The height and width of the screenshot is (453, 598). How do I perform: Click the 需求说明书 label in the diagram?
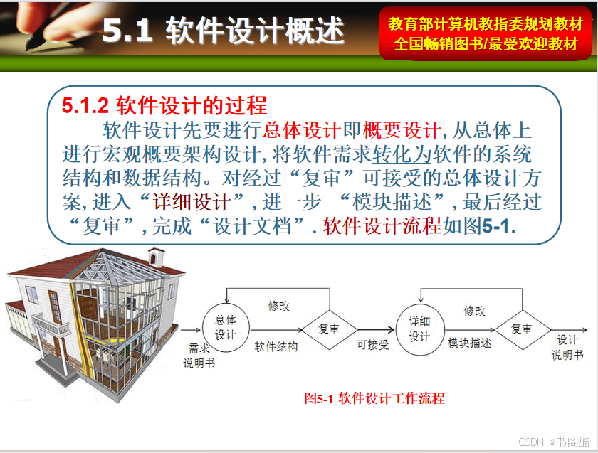point(199,356)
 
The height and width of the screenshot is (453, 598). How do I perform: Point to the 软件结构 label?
point(276,347)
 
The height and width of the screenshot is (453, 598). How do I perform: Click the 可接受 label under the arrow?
point(372,345)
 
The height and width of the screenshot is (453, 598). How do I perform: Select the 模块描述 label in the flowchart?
point(469,343)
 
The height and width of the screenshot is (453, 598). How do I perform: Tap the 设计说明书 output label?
point(567,348)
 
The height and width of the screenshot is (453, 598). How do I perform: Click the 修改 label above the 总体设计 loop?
point(279,306)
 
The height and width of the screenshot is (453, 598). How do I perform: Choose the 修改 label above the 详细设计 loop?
point(474,311)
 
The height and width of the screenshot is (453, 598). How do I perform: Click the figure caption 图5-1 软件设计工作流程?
point(374,398)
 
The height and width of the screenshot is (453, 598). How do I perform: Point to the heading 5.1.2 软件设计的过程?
point(164,105)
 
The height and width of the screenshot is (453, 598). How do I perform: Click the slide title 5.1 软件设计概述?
point(224,30)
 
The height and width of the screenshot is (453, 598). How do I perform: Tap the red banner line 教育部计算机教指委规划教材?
point(486,24)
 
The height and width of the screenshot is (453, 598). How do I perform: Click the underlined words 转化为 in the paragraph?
point(402,154)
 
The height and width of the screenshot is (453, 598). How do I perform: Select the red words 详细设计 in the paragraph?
point(192,202)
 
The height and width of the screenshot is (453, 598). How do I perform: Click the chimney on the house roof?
point(157,257)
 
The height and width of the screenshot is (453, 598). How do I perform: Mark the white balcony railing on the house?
point(51,324)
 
